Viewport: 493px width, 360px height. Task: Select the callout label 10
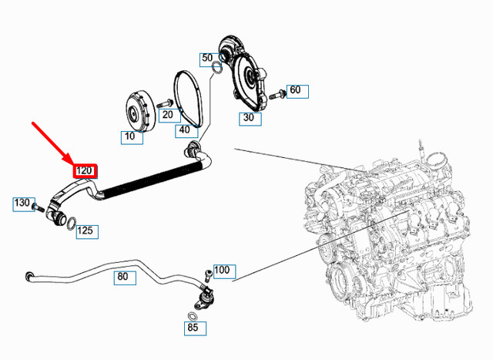pyautogui.click(x=130, y=136)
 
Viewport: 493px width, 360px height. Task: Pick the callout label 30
pyautogui.click(x=248, y=118)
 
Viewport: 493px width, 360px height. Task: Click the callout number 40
pyautogui.click(x=184, y=130)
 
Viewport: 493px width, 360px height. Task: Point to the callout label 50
pyautogui.click(x=207, y=59)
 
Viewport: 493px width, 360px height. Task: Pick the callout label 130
pyautogui.click(x=21, y=204)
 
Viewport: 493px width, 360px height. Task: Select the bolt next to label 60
pyautogui.click(x=278, y=93)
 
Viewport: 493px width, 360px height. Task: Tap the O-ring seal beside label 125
pyautogui.click(x=69, y=225)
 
